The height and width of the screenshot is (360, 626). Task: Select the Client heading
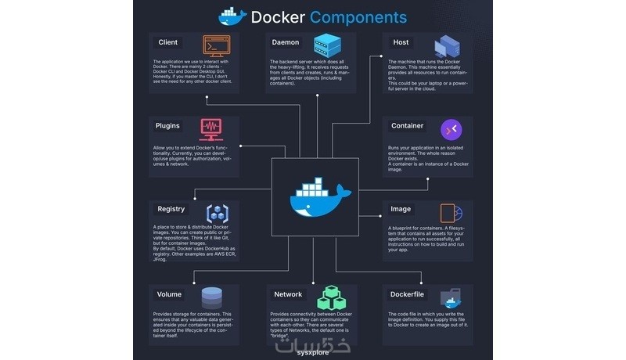[167, 42]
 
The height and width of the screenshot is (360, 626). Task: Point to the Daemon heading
[285, 42]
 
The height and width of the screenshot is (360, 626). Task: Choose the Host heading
[401, 42]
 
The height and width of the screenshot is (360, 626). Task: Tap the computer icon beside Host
[447, 47]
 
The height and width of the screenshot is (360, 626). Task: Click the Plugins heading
[167, 125]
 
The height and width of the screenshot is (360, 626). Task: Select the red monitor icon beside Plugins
[211, 127]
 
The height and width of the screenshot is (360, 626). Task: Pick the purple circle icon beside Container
[451, 128]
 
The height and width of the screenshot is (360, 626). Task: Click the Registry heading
[171, 209]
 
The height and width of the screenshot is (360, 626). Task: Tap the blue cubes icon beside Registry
[217, 212]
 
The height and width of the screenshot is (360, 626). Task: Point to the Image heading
[401, 209]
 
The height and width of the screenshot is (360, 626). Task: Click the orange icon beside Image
[451, 213]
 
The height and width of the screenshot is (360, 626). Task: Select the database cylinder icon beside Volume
[212, 297]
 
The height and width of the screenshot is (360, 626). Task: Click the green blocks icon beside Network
[329, 297]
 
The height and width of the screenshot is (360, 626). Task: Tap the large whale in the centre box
[315, 198]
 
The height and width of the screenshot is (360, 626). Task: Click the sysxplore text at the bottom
[312, 352]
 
